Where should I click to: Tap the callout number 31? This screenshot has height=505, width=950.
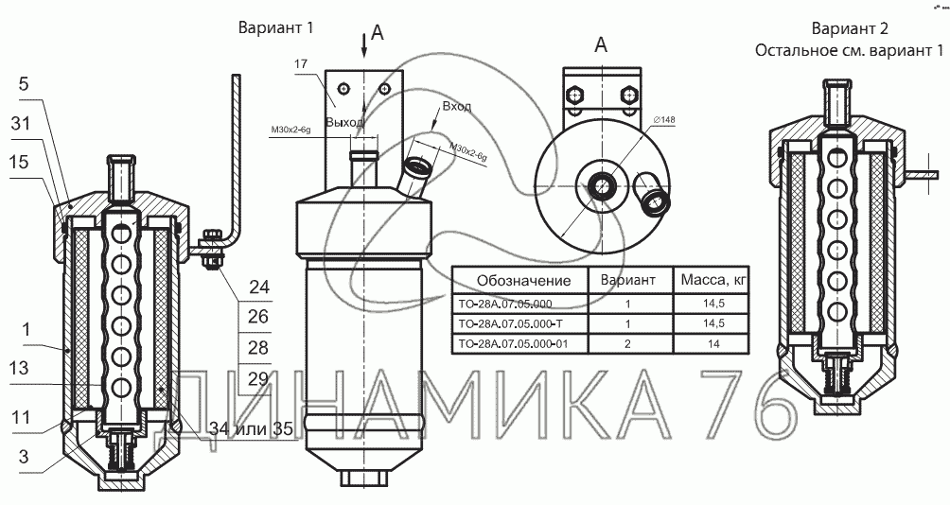pyautogui.click(x=22, y=123)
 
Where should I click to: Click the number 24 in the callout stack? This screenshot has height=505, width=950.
pyautogui.click(x=258, y=287)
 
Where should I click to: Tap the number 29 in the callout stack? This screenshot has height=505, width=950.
pyautogui.click(x=258, y=379)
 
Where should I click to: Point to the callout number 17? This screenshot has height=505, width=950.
pyautogui.click(x=303, y=63)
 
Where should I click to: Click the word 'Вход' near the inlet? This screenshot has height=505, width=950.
pyautogui.click(x=457, y=108)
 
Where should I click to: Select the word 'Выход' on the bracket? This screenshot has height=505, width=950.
pyautogui.click(x=343, y=123)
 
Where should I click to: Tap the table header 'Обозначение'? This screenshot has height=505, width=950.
pyautogui.click(x=523, y=280)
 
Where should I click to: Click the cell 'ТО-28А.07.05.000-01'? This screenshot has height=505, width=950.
pyautogui.click(x=512, y=344)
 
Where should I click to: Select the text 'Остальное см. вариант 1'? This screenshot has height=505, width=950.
pyautogui.click(x=852, y=50)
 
